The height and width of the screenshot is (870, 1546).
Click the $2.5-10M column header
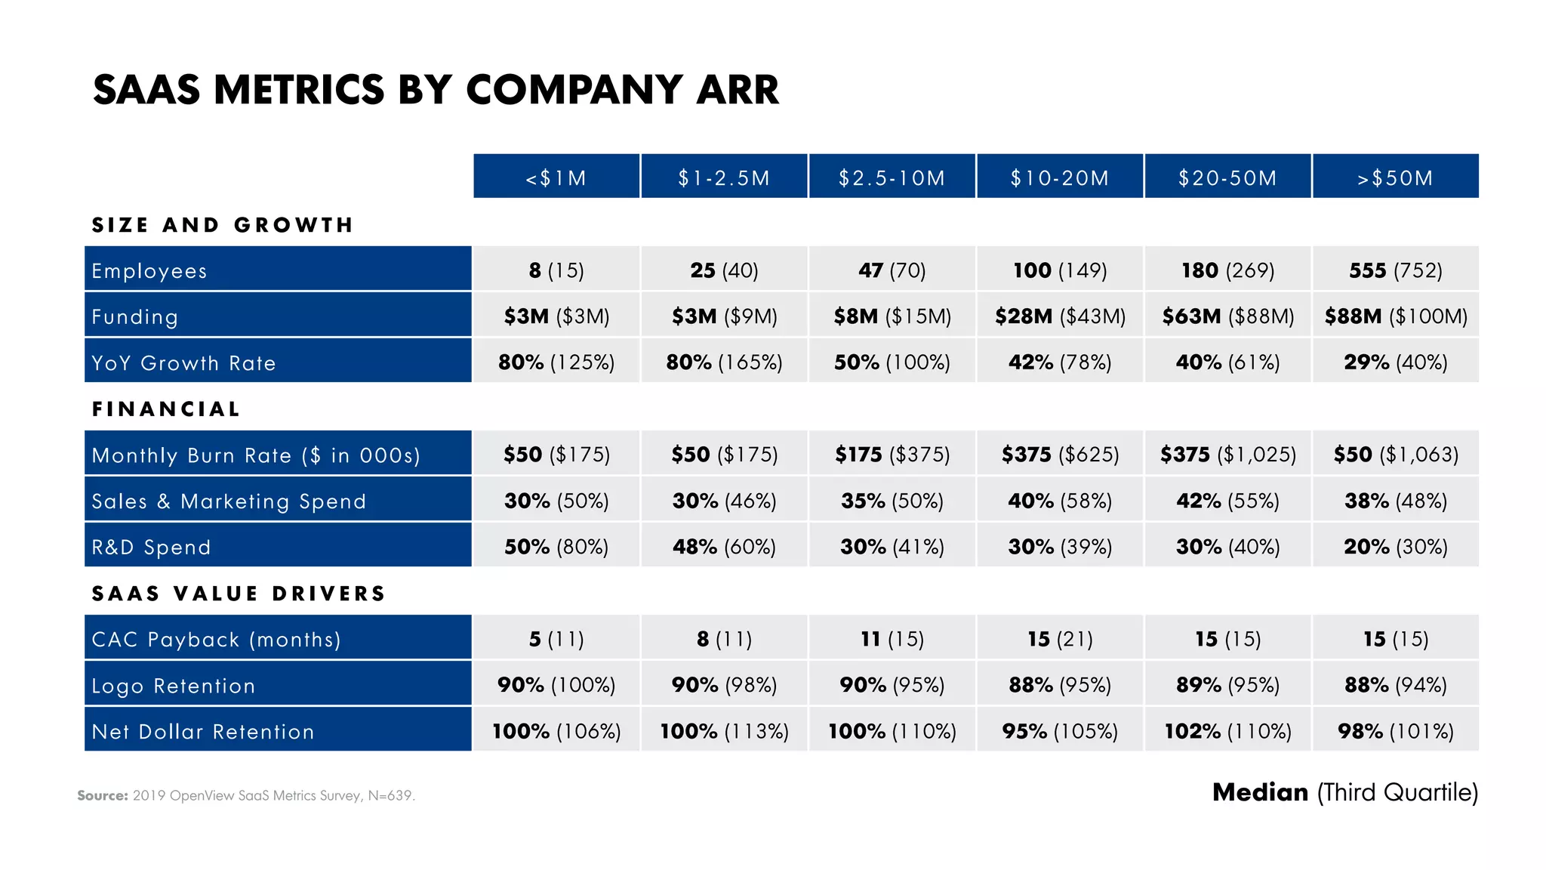point(892,177)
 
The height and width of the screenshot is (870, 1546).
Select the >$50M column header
point(1395,177)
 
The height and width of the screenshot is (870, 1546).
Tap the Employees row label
point(149,270)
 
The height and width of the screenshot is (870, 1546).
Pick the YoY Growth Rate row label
point(183,362)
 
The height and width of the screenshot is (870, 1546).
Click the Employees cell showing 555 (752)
point(1395,270)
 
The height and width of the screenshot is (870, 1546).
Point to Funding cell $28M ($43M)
point(1059,316)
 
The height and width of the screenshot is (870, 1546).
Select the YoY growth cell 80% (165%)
point(724,362)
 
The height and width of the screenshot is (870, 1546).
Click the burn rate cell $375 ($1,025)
point(1227,454)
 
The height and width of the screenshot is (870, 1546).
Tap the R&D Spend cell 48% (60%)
point(724,546)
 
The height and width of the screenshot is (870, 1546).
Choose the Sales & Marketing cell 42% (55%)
point(1227,500)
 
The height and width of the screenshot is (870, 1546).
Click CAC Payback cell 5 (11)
point(556,638)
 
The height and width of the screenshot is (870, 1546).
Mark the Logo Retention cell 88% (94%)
point(1395,684)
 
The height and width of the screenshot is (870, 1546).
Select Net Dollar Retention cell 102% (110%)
point(1227,730)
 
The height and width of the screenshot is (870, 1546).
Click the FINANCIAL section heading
point(166,409)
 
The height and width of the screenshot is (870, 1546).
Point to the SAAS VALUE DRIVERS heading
point(239,593)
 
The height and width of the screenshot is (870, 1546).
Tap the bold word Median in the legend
point(1259,791)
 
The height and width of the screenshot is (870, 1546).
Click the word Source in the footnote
point(102,795)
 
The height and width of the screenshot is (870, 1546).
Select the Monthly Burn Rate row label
point(255,455)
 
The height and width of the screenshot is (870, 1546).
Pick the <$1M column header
point(556,177)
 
